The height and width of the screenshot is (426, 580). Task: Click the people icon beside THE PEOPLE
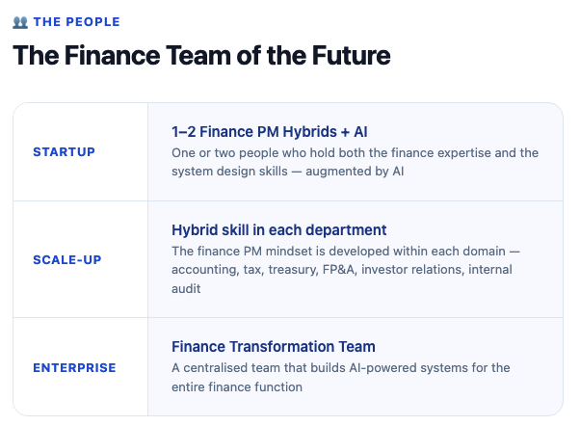point(20,21)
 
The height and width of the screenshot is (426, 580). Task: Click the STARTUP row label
point(64,152)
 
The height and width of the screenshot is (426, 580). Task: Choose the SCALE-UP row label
point(67,259)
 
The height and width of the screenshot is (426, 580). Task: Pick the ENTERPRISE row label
point(74,367)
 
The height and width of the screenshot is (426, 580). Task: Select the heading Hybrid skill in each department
point(278,229)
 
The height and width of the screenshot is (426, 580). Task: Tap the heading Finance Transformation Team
point(273,346)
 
